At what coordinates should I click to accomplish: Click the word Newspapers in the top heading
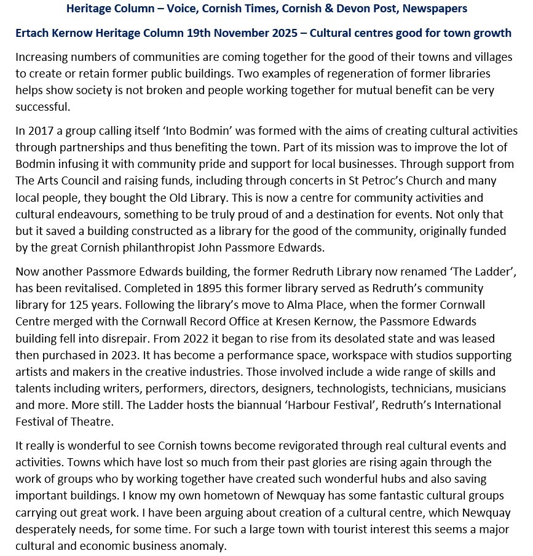click(x=433, y=9)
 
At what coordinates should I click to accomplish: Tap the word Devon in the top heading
click(x=338, y=9)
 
